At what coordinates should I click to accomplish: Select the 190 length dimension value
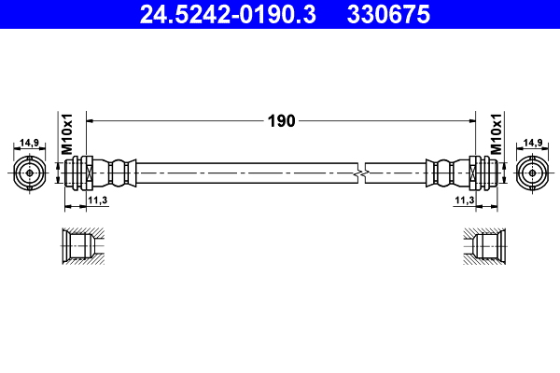click(281, 120)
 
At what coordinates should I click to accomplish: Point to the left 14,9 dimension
click(30, 143)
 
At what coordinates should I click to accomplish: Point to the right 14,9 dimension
click(533, 143)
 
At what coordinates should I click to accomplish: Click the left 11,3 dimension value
click(96, 200)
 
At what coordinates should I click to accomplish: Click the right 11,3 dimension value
click(465, 200)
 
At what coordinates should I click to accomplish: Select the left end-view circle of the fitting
click(30, 173)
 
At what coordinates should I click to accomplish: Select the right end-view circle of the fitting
click(532, 173)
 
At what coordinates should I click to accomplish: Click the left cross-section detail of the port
click(81, 247)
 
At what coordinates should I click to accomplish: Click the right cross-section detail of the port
click(483, 247)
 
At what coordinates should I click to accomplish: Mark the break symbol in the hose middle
click(362, 173)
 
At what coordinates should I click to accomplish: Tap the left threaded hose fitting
click(83, 173)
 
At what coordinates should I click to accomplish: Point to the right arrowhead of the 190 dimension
click(471, 120)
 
